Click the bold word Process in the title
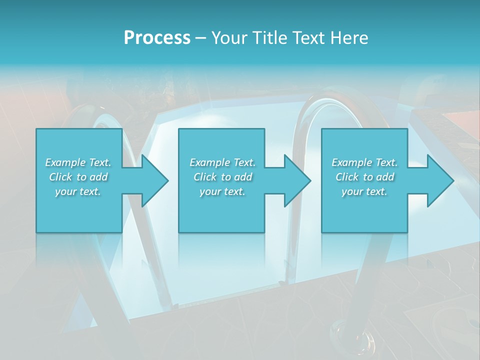point(157,38)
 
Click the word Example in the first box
point(65,162)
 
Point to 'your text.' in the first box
point(78,191)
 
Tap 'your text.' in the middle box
point(222,191)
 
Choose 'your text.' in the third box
point(364,191)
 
